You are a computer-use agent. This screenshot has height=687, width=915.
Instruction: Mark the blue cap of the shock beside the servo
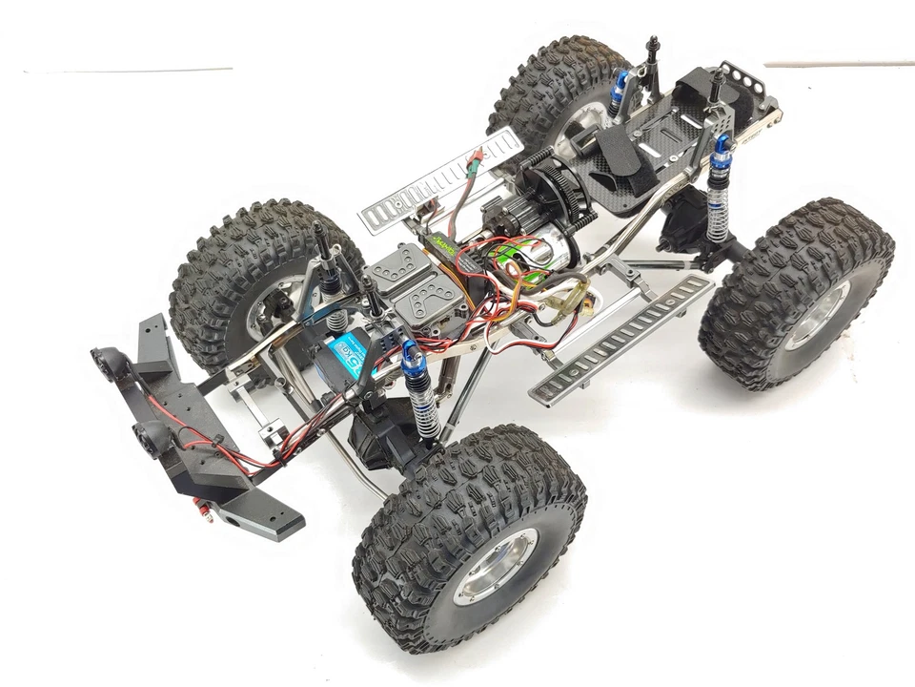[414, 358]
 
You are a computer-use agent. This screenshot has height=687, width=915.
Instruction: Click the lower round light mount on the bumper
[150, 437]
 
